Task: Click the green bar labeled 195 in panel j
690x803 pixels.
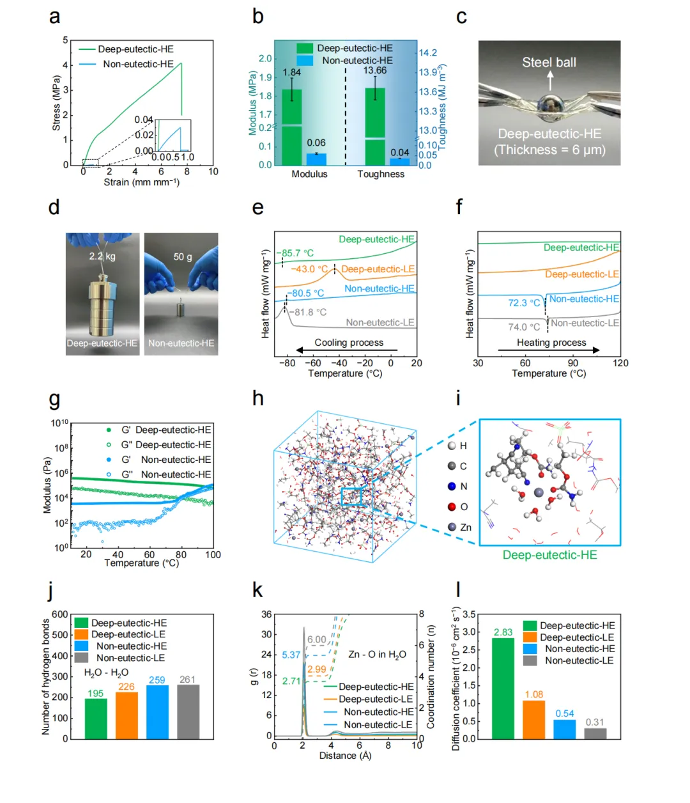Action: click(x=96, y=718)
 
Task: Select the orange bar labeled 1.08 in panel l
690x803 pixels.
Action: click(x=533, y=719)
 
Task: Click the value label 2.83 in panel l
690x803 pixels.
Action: click(x=503, y=632)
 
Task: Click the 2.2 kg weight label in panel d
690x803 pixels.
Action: click(x=102, y=256)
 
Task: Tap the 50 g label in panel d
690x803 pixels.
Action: click(x=183, y=256)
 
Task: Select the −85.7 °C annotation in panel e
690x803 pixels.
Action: click(x=298, y=253)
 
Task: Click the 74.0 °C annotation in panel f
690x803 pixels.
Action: click(x=524, y=327)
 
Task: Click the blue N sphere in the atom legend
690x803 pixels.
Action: click(x=452, y=487)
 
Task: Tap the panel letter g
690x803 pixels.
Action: click(x=54, y=399)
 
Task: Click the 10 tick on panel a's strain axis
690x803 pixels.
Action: click(x=213, y=171)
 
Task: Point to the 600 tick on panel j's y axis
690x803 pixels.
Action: click(x=60, y=614)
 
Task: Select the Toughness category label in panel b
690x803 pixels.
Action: click(x=381, y=174)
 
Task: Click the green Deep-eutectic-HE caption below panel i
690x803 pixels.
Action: click(x=549, y=555)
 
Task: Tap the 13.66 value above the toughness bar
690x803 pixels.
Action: click(x=375, y=70)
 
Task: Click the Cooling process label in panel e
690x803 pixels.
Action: click(x=349, y=343)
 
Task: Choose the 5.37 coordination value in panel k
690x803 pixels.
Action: click(x=291, y=655)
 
